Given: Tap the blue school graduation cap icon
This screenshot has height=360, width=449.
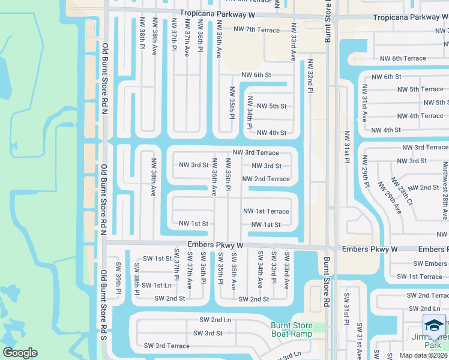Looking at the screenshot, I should pos(434,325).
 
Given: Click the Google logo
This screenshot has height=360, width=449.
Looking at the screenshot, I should pos(20,353).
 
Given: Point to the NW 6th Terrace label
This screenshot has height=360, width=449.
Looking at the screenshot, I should pos(403,58).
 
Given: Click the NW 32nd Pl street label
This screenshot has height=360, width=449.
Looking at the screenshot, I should pos(310,76).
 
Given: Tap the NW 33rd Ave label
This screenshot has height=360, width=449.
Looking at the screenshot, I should pos(293,42).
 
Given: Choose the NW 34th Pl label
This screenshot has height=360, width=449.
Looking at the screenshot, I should pos(249,113).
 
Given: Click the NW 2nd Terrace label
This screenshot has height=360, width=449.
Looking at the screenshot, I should pos(266,179).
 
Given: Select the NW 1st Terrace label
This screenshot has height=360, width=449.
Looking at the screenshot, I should pos(266,211).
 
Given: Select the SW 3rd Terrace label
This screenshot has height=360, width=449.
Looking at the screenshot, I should pos(166,346).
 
